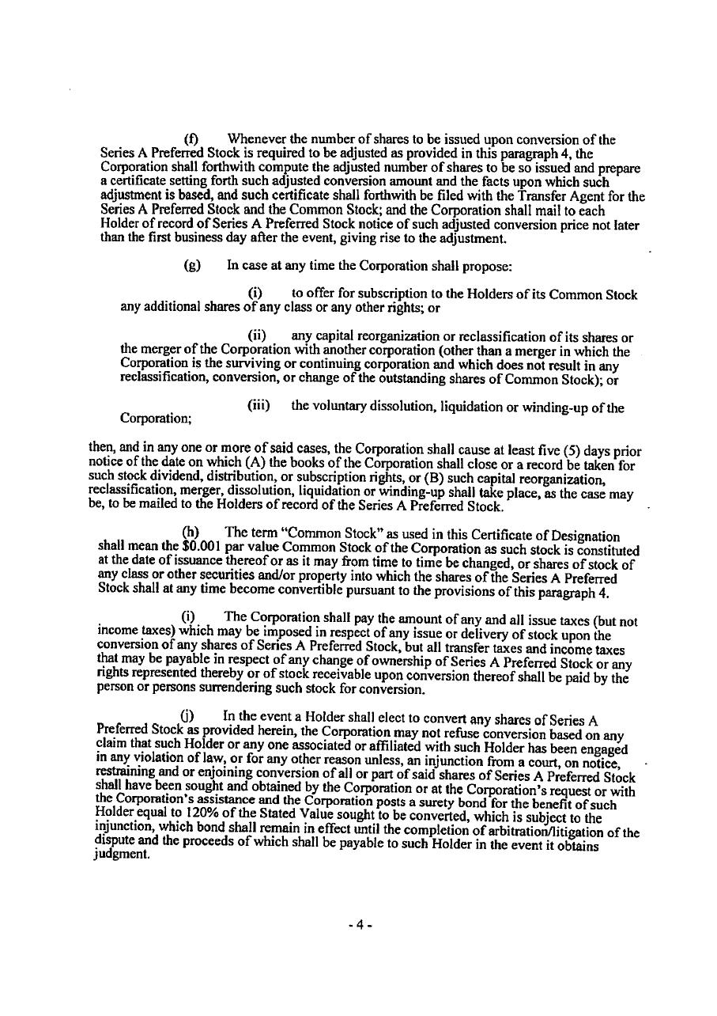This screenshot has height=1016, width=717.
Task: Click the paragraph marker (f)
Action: tap(191, 140)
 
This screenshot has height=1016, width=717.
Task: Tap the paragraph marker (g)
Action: tap(191, 266)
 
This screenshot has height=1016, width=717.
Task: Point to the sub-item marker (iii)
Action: tap(258, 406)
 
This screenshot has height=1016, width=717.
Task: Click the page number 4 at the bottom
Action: tap(358, 925)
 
